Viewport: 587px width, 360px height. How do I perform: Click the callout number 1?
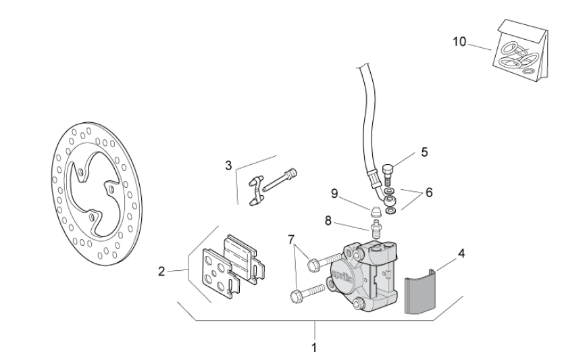click(314, 349)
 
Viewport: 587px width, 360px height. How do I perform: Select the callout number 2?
click(161, 272)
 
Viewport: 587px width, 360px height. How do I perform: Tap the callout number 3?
click(229, 165)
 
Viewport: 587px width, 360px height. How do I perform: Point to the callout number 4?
click(461, 254)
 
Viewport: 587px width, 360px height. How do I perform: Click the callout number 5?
click(424, 152)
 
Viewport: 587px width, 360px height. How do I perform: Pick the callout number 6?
click(429, 192)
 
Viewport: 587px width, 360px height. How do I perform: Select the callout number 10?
click(459, 42)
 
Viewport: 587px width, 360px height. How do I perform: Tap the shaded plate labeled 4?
click(421, 292)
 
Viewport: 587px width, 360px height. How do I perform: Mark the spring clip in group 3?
click(255, 192)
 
